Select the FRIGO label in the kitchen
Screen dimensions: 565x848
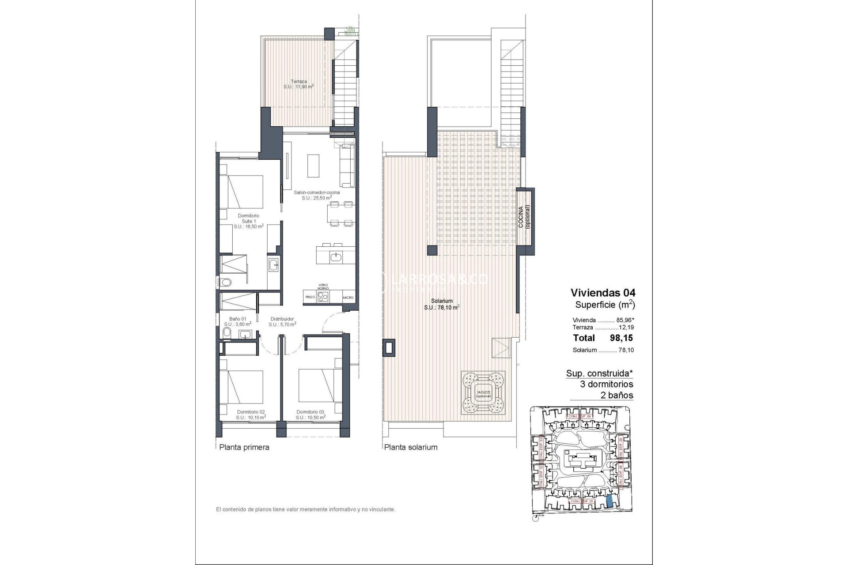coord(310,297)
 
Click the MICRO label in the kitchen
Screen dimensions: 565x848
coord(348,298)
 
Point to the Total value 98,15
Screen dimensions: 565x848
coord(621,338)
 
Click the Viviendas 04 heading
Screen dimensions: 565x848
coord(603,293)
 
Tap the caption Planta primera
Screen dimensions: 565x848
coord(244,447)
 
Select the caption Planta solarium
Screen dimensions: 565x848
coord(411,447)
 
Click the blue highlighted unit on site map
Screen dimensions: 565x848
coord(609,501)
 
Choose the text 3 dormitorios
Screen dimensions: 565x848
coord(606,384)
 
